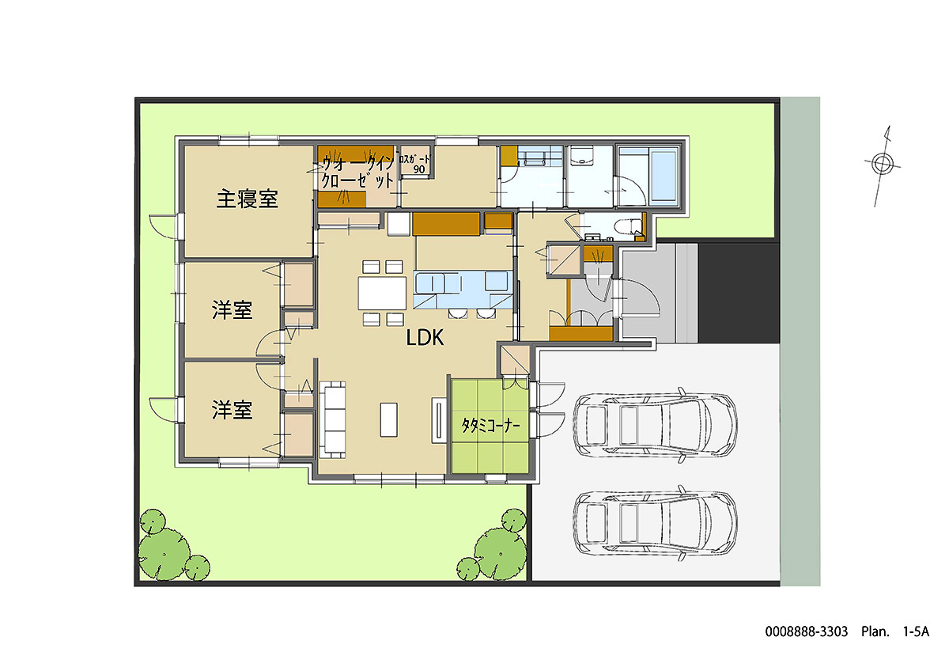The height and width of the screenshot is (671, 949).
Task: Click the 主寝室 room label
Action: pyautogui.click(x=247, y=199)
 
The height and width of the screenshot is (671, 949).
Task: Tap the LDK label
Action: pyautogui.click(x=425, y=338)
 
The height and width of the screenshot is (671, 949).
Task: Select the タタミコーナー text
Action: pyautogui.click(x=490, y=425)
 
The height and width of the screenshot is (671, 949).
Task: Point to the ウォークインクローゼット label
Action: pyautogui.click(x=358, y=172)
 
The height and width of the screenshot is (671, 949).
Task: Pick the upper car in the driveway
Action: pyautogui.click(x=655, y=425)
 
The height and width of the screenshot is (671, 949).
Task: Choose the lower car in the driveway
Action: pyautogui.click(x=655, y=523)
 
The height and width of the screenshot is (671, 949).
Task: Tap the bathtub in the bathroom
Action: pyautogui.click(x=664, y=176)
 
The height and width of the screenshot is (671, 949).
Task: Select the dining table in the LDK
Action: pyautogui.click(x=382, y=293)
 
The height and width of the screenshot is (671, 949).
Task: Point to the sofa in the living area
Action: pyautogui.click(x=333, y=419)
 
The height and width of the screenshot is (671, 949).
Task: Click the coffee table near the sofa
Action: pyautogui.click(x=388, y=419)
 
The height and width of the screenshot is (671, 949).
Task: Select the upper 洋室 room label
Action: pyautogui.click(x=232, y=310)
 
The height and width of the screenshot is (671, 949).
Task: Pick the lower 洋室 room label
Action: pyautogui.click(x=232, y=410)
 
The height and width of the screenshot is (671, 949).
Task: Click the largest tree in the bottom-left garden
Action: pyautogui.click(x=164, y=553)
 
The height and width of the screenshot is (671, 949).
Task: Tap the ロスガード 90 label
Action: pyautogui.click(x=414, y=164)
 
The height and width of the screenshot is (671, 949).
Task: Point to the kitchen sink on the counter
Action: pyautogui.click(x=429, y=282)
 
